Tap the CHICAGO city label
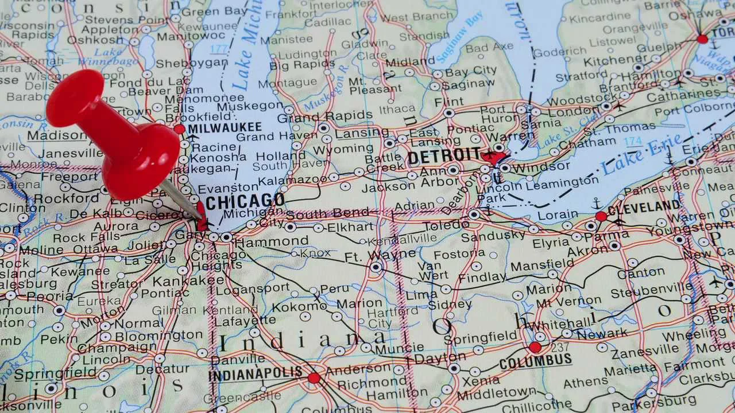[x=245, y=201]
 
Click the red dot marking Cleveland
[x=601, y=216]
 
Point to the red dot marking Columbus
[x=535, y=347]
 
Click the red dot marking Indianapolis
[x=314, y=377]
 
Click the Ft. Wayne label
[x=380, y=254]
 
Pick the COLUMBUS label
[x=535, y=361]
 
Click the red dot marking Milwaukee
[x=179, y=129]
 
